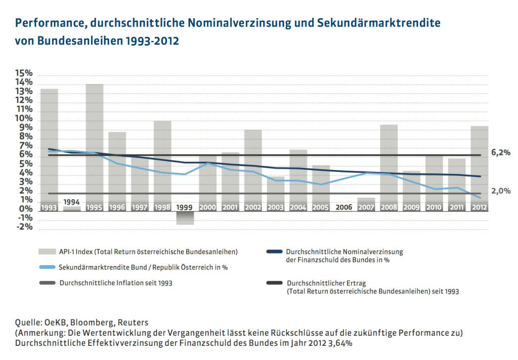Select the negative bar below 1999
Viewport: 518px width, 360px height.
click(185, 218)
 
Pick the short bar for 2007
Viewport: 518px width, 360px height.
click(366, 201)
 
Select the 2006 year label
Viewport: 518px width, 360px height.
click(343, 207)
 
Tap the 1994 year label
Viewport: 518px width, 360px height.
click(71, 202)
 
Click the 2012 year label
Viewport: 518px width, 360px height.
click(480, 207)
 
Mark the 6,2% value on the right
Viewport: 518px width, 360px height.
click(500, 153)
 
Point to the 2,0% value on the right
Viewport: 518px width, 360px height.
click(500, 191)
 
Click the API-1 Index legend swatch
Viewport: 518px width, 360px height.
click(47, 251)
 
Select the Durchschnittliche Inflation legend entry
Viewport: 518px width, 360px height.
click(116, 283)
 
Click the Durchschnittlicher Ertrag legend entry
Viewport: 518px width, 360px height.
click(372, 287)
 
